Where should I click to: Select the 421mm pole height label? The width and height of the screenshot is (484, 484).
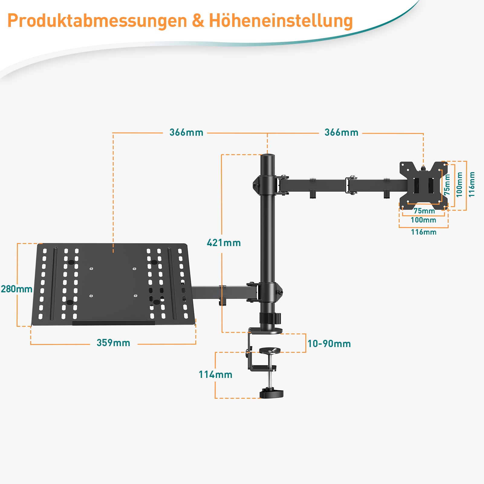tap(224, 243)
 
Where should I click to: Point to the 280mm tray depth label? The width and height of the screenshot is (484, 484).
tap(17, 289)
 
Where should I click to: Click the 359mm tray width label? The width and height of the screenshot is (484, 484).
tap(113, 343)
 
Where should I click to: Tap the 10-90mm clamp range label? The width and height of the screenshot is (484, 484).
tap(329, 344)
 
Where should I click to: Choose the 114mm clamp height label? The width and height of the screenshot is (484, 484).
tap(216, 375)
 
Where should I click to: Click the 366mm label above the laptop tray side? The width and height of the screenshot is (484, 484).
tap(186, 132)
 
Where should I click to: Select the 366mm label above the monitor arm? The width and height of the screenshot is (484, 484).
tap(341, 132)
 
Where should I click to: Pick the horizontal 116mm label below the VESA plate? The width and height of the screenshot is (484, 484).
tap(424, 232)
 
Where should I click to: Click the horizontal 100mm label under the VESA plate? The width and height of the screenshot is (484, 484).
tap(423, 220)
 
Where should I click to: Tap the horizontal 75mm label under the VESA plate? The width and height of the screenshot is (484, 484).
tap(424, 211)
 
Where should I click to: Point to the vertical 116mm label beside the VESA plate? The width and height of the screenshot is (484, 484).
tap(472, 184)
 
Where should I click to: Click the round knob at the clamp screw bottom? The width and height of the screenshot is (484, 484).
tap(271, 394)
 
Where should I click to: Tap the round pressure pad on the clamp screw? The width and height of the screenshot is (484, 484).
tap(270, 351)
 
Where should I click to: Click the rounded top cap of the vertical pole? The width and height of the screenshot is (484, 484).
tap(268, 157)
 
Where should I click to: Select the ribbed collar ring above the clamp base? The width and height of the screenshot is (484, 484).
tap(270, 318)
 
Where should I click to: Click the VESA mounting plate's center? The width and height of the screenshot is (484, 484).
tap(423, 185)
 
